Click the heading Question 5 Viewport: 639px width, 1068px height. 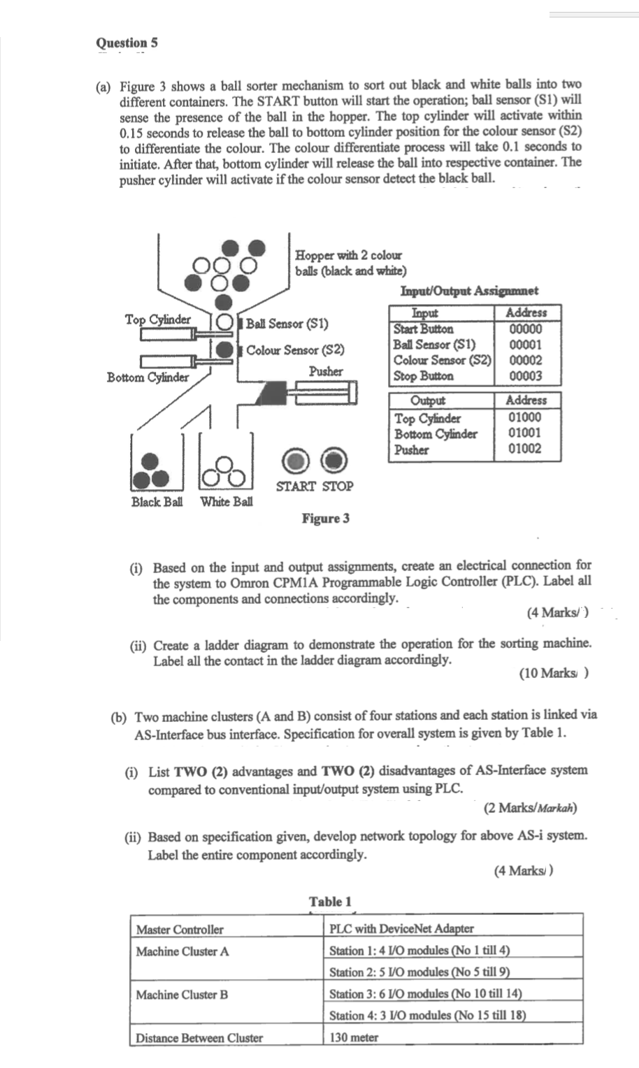click(x=127, y=43)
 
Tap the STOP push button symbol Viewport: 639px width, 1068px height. click(x=336, y=459)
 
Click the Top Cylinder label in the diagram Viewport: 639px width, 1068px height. click(x=157, y=319)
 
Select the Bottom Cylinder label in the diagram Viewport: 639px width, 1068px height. click(x=148, y=377)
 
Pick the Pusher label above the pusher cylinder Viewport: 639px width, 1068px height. click(x=326, y=370)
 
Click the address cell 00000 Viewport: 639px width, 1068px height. click(x=525, y=329)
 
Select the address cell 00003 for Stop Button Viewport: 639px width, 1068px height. click(x=525, y=376)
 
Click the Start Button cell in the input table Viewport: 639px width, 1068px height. click(x=423, y=329)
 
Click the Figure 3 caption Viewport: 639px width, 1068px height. click(x=325, y=518)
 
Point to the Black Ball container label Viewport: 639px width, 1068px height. click(x=157, y=502)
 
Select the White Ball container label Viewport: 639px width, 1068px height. click(x=227, y=502)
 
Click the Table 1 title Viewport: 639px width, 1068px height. click(x=330, y=901)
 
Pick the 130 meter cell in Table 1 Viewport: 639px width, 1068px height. click(x=354, y=1037)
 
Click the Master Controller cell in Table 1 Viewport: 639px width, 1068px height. click(x=180, y=929)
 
